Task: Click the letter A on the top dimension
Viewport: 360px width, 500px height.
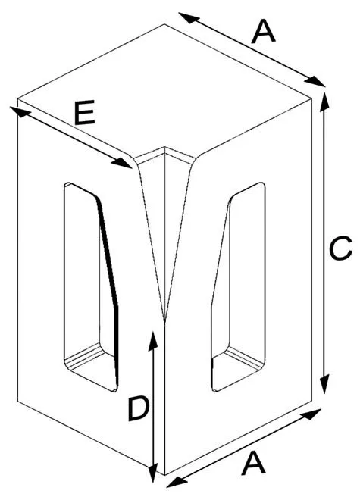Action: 263,32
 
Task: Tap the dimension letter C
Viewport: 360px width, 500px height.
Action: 340,248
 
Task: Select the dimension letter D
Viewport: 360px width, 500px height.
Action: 138,409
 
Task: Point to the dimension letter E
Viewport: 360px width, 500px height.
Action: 85,113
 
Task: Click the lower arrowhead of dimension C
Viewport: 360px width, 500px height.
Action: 324,384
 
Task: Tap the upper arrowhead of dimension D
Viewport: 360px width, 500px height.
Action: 153,341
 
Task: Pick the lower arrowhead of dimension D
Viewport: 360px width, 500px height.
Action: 153,473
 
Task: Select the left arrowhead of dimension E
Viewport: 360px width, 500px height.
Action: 20,111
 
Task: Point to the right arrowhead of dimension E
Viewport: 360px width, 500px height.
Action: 121,163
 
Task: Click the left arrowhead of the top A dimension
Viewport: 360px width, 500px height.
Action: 189,17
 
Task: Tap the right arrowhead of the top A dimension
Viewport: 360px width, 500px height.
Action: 315,81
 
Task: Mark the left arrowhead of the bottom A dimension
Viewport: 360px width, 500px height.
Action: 177,483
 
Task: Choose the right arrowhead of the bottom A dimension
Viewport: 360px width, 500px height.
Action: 311,414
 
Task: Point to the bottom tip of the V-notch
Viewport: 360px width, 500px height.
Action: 164,320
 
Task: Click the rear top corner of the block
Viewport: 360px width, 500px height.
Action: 164,24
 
